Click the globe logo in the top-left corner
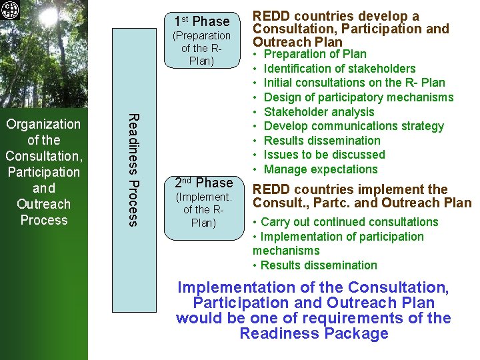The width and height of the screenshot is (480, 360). [x=11, y=11]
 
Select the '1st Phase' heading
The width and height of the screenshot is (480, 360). [x=201, y=21]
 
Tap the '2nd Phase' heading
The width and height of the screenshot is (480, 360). [x=204, y=183]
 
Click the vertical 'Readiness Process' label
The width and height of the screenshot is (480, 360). [x=133, y=169]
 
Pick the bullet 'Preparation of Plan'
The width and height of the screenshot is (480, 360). [x=315, y=54]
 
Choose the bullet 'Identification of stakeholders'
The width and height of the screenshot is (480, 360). [x=339, y=69]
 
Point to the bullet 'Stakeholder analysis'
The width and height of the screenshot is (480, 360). [x=319, y=112]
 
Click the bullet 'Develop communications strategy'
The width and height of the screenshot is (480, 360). [x=353, y=126]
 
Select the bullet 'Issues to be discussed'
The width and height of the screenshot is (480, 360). [x=324, y=155]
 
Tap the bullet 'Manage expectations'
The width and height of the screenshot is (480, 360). [x=321, y=169]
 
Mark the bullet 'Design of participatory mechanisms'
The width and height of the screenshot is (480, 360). [x=358, y=97]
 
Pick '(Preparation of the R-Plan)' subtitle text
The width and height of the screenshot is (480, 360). [x=201, y=49]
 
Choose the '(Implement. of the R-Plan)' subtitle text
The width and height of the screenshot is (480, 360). [x=203, y=209]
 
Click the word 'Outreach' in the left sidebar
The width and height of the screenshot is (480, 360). [x=43, y=204]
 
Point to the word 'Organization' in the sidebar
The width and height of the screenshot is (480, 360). [x=43, y=124]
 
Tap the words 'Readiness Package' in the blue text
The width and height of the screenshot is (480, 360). [x=313, y=333]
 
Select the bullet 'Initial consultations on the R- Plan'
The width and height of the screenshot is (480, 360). [x=354, y=83]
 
